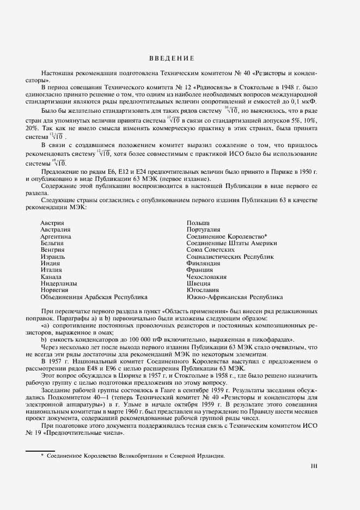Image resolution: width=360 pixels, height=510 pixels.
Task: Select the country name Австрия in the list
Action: point(52,223)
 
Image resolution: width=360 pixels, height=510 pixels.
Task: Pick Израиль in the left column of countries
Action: point(53,257)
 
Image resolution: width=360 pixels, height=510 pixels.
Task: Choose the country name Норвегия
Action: point(54,290)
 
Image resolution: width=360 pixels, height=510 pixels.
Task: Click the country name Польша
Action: point(198,223)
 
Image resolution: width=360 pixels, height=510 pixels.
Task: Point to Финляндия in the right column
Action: point(203,263)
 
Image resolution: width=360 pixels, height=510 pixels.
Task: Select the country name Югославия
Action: point(203,290)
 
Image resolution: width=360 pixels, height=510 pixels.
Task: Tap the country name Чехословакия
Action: point(206,277)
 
